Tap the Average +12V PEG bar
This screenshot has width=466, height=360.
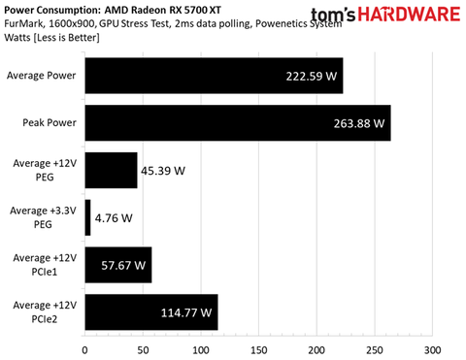pos(112,170)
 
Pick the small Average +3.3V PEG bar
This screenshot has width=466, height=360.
pos(88,217)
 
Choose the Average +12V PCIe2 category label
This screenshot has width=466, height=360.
pos(50,312)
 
